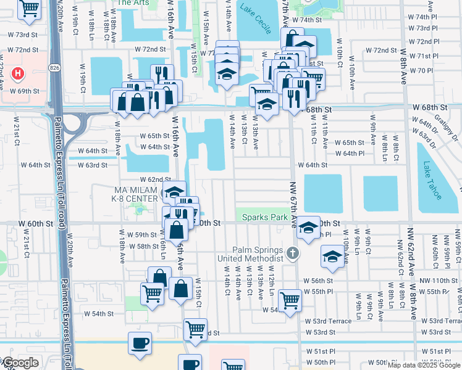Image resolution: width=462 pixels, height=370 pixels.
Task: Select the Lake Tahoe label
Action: [x=432, y=180]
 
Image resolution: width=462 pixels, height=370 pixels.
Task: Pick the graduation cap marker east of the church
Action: [x=332, y=257]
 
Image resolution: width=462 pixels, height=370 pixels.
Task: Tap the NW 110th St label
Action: [x=439, y=281]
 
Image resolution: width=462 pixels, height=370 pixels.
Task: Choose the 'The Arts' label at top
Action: [x=132, y=3]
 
